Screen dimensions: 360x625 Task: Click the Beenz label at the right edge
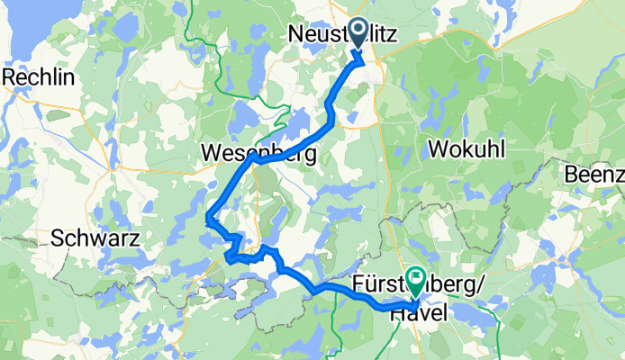tap(594, 173)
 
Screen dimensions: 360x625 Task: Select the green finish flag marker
tap(416, 279)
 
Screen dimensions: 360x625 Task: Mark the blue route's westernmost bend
tap(208, 216)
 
